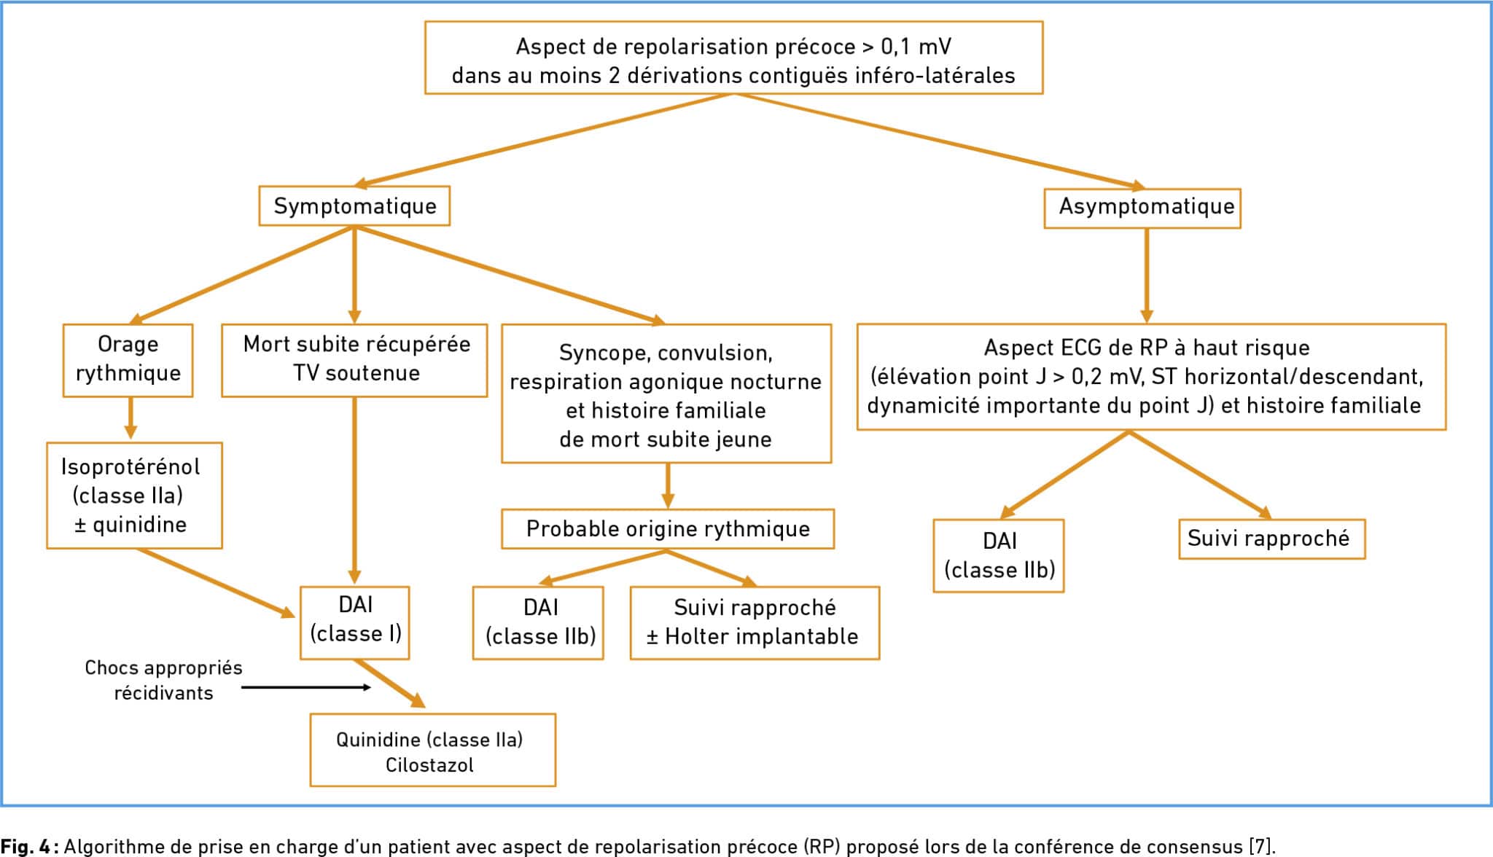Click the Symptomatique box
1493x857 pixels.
click(x=354, y=206)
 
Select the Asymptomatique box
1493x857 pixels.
click(x=1142, y=208)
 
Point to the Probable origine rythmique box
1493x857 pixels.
click(x=668, y=528)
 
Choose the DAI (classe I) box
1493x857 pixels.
click(x=355, y=622)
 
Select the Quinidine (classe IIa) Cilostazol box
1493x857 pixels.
click(x=433, y=750)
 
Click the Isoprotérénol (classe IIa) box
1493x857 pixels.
click(x=134, y=495)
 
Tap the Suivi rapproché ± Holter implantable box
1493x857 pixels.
click(x=755, y=622)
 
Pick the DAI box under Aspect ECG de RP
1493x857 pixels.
click(x=999, y=555)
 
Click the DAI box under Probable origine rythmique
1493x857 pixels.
click(x=538, y=622)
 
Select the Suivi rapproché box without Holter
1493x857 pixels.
click(x=1272, y=539)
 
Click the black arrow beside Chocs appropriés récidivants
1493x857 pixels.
click(x=306, y=687)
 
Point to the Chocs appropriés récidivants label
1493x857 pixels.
click(x=163, y=680)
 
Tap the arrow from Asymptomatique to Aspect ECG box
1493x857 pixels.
click(x=1147, y=275)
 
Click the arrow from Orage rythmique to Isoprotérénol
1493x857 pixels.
click(x=130, y=418)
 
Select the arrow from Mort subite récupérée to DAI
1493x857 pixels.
click(x=354, y=491)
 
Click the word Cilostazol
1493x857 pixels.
click(x=429, y=765)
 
